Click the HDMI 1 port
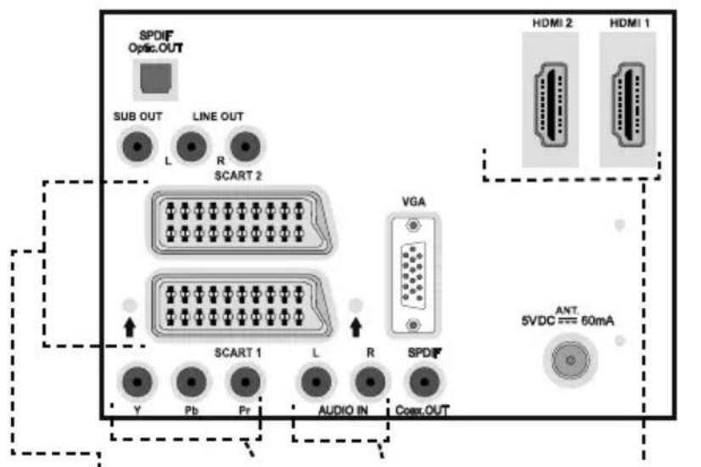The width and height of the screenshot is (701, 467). coord(628,104)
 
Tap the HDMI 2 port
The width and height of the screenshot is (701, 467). coord(551,104)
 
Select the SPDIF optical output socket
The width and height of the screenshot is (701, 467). coord(155,79)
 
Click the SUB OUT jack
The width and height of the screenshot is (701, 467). coord(137,146)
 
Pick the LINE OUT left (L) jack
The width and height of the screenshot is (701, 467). coord(191,146)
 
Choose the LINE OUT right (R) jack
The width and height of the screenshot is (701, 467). coord(245,146)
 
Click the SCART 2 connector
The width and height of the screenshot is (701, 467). coord(242,222)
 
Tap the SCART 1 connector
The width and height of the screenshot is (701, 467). coord(242,305)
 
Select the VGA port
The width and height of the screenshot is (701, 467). coord(413,275)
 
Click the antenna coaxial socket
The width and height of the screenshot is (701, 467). coord(570,360)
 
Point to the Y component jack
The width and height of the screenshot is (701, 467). coord(137,382)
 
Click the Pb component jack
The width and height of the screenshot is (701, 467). coord(191,382)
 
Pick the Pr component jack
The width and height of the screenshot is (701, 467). coord(245,382)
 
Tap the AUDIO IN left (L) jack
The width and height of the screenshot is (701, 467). coord(316,382)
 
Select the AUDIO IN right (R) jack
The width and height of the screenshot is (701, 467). coord(370,382)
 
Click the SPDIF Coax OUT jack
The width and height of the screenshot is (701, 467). coord(423,382)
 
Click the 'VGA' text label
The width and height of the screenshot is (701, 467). coord(413,202)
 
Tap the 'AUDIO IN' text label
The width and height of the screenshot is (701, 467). coord(344,410)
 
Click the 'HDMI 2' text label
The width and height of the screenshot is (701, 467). coord(552,23)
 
